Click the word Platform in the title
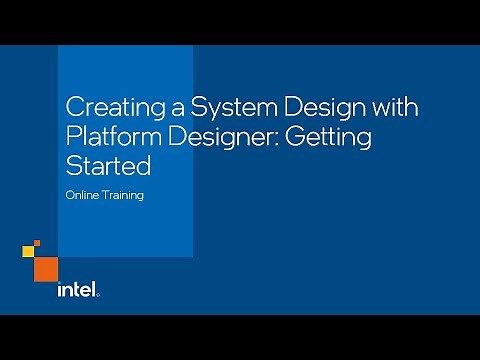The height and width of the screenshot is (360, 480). click(103, 136)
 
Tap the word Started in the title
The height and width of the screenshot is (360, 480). click(99, 163)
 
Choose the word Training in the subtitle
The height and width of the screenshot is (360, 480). click(123, 195)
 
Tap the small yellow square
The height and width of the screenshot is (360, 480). click(37, 242)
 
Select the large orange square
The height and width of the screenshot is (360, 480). click(46, 267)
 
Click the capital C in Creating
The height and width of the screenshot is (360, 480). click(73, 108)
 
